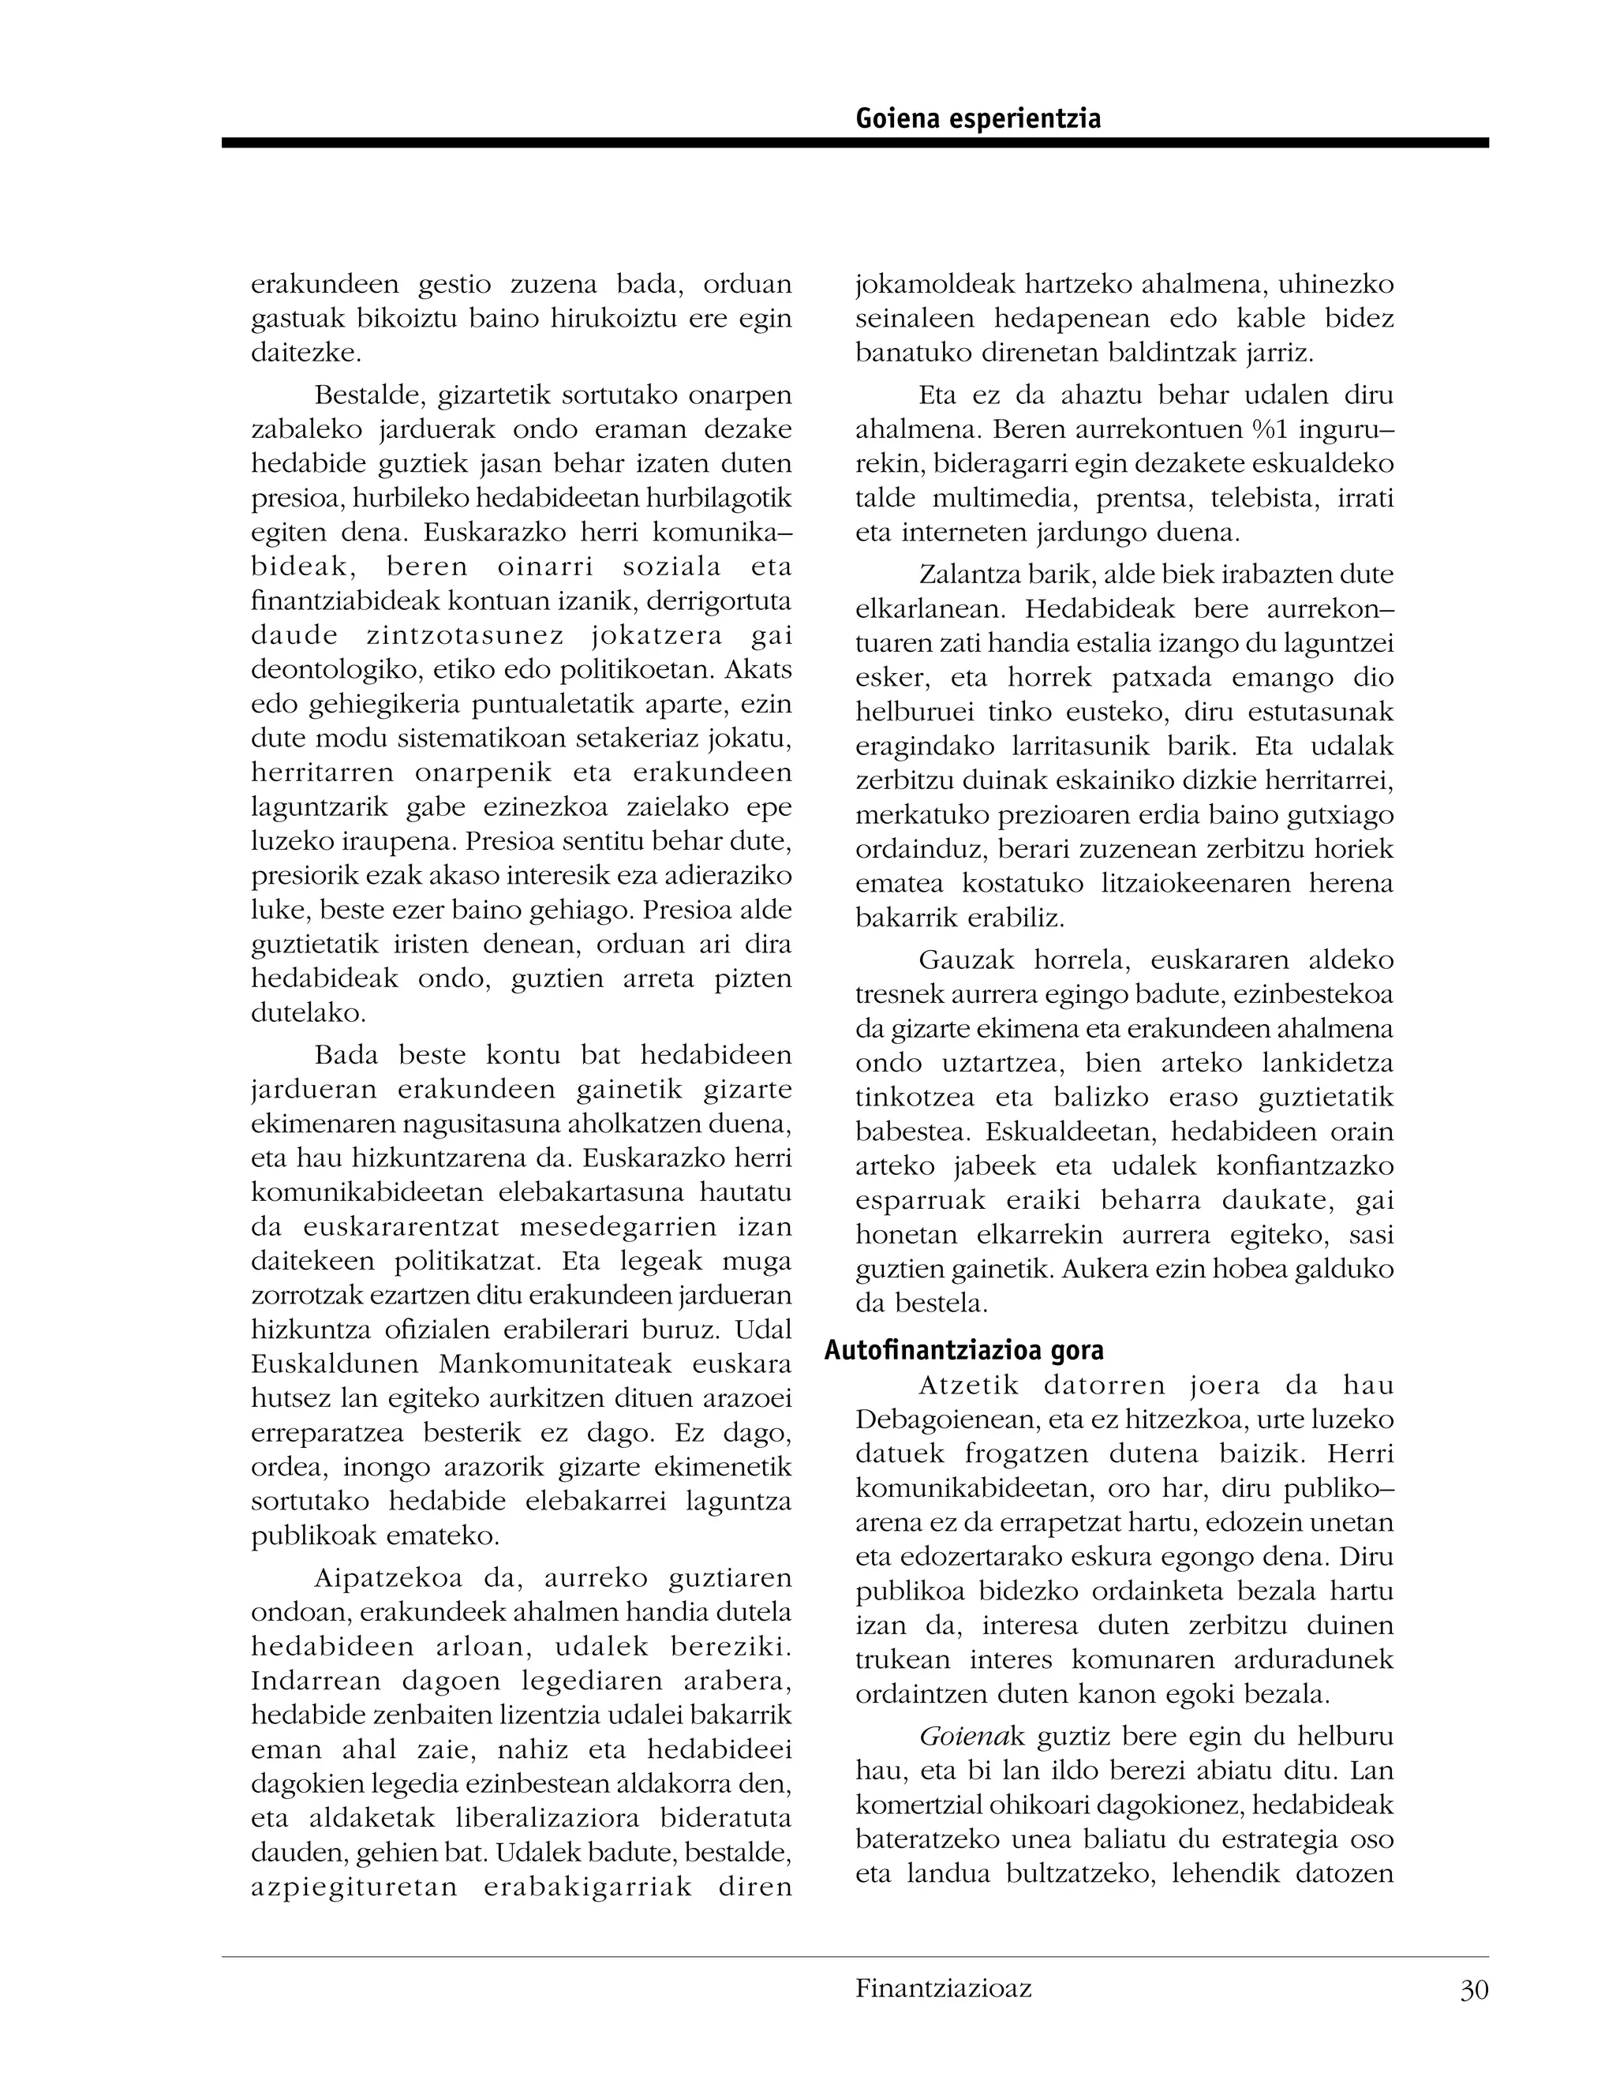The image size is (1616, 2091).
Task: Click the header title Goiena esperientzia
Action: coord(978,118)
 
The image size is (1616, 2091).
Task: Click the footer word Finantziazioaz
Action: coord(943,1988)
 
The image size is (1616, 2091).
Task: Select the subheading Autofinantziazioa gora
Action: coord(964,1350)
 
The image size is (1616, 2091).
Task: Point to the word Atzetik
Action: coord(970,1385)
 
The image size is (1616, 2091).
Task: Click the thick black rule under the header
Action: coord(854,143)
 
